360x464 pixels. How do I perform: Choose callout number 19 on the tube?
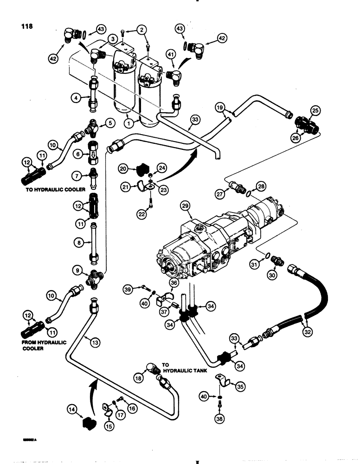[220, 108]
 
